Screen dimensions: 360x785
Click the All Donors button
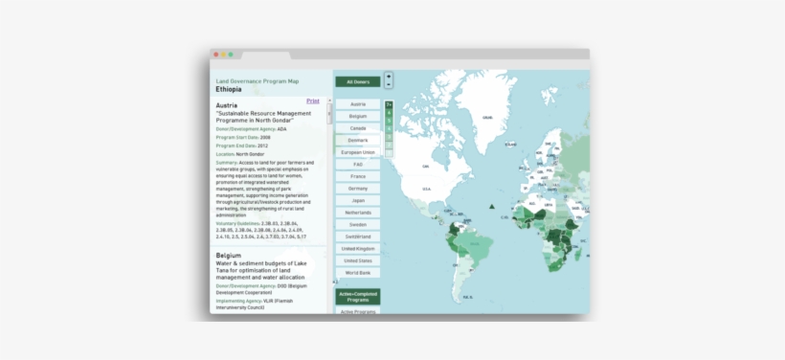click(358, 82)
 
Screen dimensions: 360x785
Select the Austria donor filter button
click(358, 104)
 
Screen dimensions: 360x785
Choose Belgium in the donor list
click(358, 116)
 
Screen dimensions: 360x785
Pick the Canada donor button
click(358, 128)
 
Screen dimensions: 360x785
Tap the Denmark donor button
click(358, 140)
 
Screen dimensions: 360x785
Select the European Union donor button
click(358, 152)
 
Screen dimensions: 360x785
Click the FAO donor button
click(358, 165)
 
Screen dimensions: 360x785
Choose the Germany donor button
click(358, 189)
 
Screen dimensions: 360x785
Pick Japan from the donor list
click(358, 200)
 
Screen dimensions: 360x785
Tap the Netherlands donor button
click(358, 213)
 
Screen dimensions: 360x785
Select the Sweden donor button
click(358, 224)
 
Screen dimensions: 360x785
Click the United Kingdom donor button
click(358, 248)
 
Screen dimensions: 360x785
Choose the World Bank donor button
click(358, 272)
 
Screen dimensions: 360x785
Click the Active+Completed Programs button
click(358, 297)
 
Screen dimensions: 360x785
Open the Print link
click(313, 101)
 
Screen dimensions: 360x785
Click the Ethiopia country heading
click(229, 89)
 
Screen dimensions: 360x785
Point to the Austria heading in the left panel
click(227, 105)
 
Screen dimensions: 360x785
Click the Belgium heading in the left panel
click(229, 256)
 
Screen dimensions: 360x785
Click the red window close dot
click(215, 55)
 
